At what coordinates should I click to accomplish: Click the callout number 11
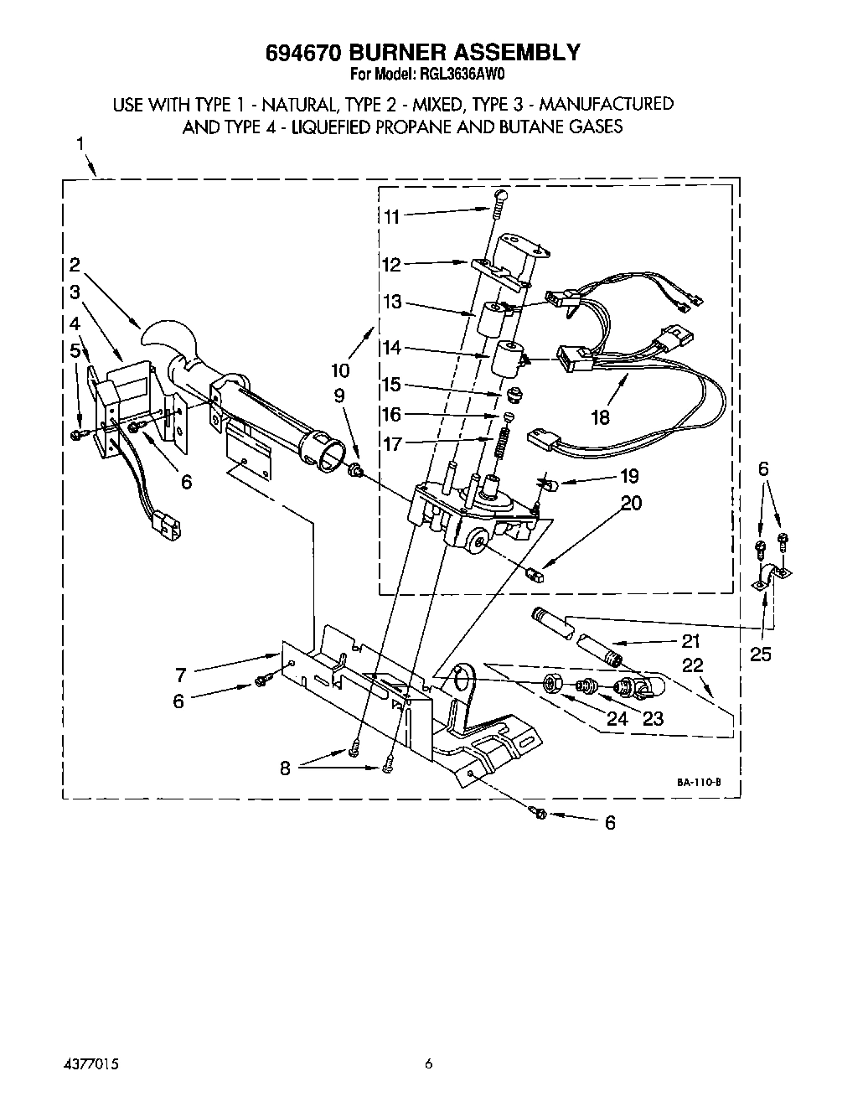(391, 216)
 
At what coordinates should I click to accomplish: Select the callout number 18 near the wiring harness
(600, 416)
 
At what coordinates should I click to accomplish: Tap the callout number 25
(760, 654)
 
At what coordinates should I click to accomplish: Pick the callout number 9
(338, 396)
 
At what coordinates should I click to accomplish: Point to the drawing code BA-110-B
(698, 781)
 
